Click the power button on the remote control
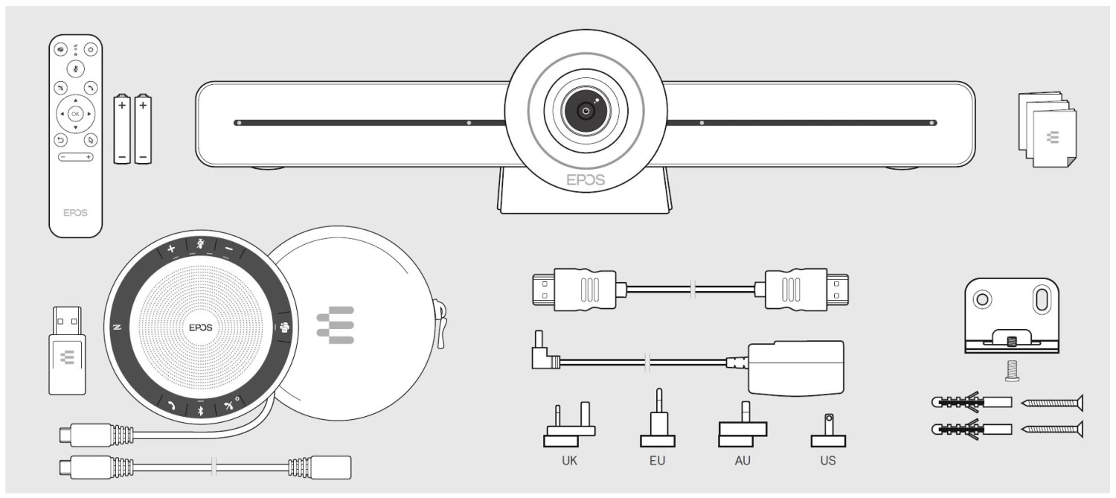[x=91, y=51]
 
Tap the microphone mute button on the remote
[x=74, y=68]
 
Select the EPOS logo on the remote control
[x=74, y=212]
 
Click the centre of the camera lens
[x=586, y=111]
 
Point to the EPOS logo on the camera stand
[x=586, y=180]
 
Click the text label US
[x=827, y=461]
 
